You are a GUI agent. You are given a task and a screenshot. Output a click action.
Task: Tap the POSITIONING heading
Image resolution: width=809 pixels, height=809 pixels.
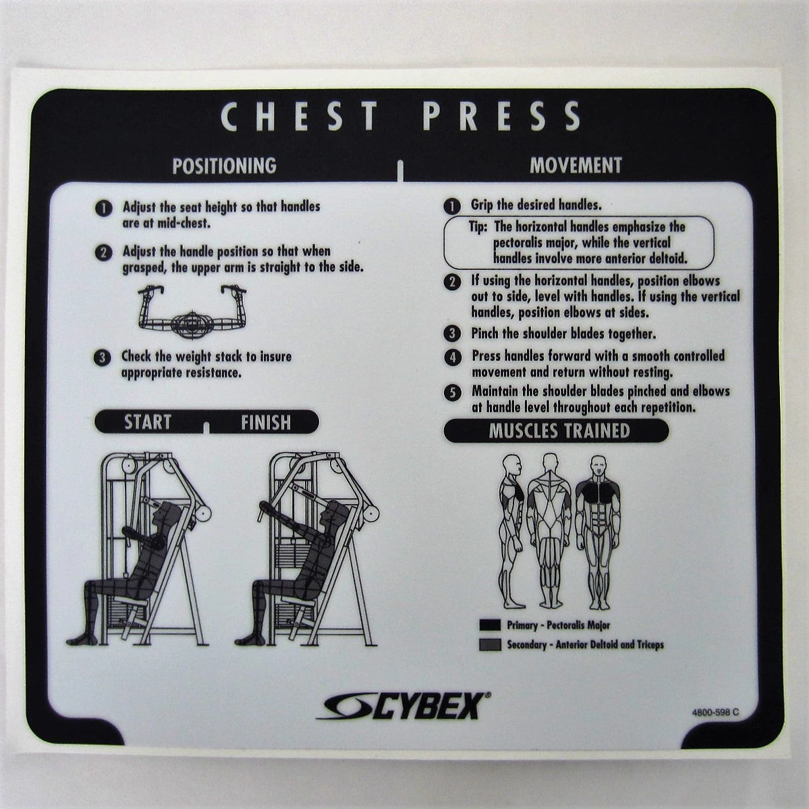225,165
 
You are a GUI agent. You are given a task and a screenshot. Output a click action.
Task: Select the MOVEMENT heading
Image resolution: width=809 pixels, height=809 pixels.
576,165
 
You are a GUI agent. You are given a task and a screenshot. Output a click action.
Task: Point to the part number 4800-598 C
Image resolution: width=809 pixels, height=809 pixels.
715,712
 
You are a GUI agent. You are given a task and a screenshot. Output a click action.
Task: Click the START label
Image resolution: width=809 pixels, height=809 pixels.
148,422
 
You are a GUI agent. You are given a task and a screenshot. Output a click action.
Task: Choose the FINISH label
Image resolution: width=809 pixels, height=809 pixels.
266,422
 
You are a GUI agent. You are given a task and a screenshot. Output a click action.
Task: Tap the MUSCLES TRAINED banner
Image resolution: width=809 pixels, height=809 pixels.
556,430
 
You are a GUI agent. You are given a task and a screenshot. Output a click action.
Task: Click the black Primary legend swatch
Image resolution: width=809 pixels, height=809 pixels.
490,625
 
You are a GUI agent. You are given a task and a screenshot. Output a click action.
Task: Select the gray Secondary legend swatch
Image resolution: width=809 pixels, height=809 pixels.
490,644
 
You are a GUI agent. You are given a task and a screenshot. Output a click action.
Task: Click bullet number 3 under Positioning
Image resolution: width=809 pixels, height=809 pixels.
102,358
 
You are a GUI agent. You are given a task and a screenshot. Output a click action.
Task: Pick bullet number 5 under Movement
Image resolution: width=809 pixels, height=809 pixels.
453,392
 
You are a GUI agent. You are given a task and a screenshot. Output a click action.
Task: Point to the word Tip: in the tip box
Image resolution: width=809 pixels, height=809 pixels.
478,227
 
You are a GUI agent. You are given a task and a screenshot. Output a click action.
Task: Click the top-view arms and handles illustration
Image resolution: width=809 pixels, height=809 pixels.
192,312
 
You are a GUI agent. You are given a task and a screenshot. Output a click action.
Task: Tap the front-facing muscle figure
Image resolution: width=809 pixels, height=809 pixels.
597,532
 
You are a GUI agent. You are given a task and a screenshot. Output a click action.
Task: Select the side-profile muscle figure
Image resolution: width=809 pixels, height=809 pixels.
512,532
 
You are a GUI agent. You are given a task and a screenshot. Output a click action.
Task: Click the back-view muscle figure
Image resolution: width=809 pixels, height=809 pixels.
549,532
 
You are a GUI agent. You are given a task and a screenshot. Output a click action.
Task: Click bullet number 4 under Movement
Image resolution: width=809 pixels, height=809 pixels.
453,357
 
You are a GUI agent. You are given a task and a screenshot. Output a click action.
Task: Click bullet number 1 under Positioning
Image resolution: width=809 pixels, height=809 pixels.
103,208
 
